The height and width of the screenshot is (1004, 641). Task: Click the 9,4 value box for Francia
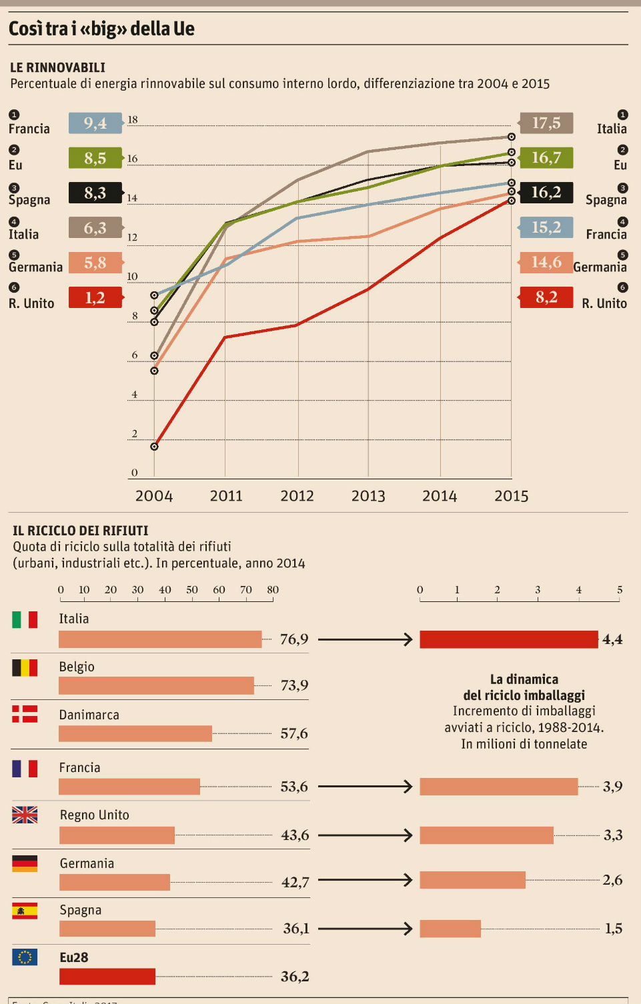(x=95, y=123)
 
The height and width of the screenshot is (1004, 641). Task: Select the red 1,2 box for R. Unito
(x=95, y=297)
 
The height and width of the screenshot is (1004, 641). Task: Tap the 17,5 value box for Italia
(x=546, y=123)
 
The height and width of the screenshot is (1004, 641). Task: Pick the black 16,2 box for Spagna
(x=546, y=193)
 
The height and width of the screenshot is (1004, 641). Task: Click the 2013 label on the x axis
(x=368, y=496)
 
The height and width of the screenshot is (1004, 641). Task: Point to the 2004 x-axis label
(x=154, y=496)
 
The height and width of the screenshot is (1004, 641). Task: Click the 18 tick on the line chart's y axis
(x=133, y=120)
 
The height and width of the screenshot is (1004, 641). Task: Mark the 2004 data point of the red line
(x=154, y=446)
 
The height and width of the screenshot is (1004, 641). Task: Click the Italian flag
(x=25, y=620)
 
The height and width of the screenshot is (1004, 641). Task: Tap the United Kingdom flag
(x=25, y=815)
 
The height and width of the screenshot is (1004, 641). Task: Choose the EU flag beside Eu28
(x=25, y=957)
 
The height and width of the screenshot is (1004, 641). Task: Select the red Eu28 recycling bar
(x=107, y=977)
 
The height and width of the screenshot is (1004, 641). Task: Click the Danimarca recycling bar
(x=135, y=733)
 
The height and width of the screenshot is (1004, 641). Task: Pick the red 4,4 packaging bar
(x=509, y=639)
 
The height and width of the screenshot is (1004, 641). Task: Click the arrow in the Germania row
(x=366, y=880)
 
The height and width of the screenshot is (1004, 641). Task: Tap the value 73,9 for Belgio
(x=294, y=685)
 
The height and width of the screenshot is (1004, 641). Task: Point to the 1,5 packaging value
(x=613, y=929)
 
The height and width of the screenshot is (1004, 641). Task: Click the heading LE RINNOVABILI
(x=58, y=67)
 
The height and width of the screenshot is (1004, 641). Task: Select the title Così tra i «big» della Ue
(x=101, y=29)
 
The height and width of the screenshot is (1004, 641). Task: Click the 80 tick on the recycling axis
(x=273, y=590)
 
